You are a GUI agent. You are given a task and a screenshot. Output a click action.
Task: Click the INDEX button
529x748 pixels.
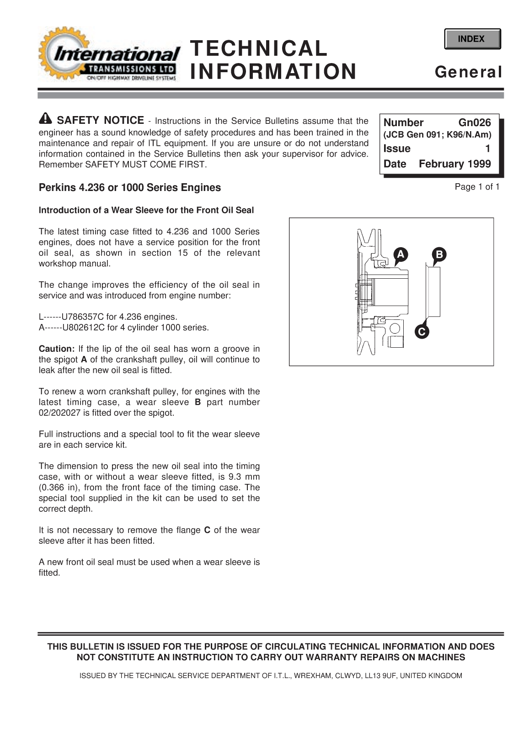point(472,39)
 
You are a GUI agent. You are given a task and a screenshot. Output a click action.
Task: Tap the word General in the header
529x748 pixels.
point(468,72)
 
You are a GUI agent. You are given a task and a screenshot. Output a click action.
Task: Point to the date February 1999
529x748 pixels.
point(454,164)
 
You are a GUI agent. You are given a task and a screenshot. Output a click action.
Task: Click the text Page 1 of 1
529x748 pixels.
point(476,186)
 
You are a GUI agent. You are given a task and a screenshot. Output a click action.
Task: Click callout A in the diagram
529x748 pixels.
point(400,255)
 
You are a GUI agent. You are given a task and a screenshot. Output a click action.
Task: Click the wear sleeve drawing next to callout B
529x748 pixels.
point(432,292)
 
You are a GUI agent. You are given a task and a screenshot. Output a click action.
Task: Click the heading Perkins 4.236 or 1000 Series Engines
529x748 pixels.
point(129,188)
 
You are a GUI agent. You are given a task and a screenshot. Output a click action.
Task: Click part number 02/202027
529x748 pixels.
point(60,413)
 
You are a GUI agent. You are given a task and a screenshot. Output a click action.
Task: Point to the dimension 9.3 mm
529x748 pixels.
point(245,477)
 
